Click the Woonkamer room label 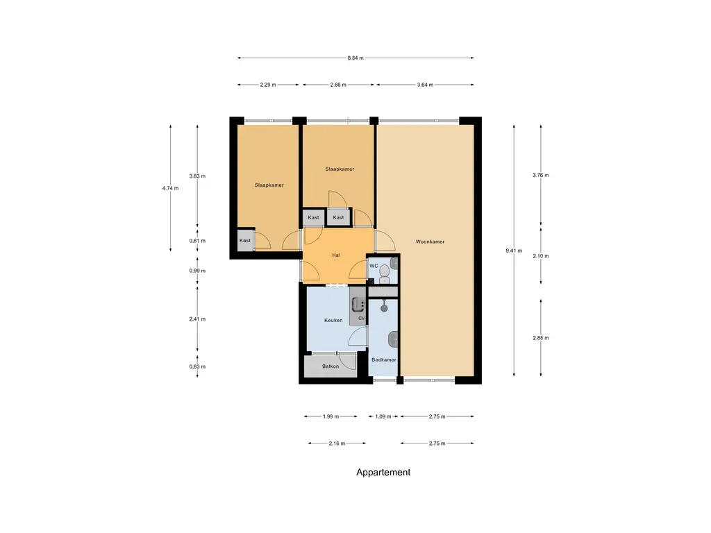430,242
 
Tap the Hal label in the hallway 336,255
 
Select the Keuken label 333,320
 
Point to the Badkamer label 383,359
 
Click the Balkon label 331,366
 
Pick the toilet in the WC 385,273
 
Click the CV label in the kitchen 361,318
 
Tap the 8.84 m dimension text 355,58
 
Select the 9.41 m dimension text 514,251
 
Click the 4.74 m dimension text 171,188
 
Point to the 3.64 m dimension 425,85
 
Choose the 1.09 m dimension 383,416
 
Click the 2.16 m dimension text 337,443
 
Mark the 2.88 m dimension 540,338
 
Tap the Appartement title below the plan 383,472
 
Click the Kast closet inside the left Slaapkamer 245,239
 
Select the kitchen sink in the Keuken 358,305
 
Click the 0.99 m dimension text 197,271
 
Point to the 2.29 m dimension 268,85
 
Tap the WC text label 374,266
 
